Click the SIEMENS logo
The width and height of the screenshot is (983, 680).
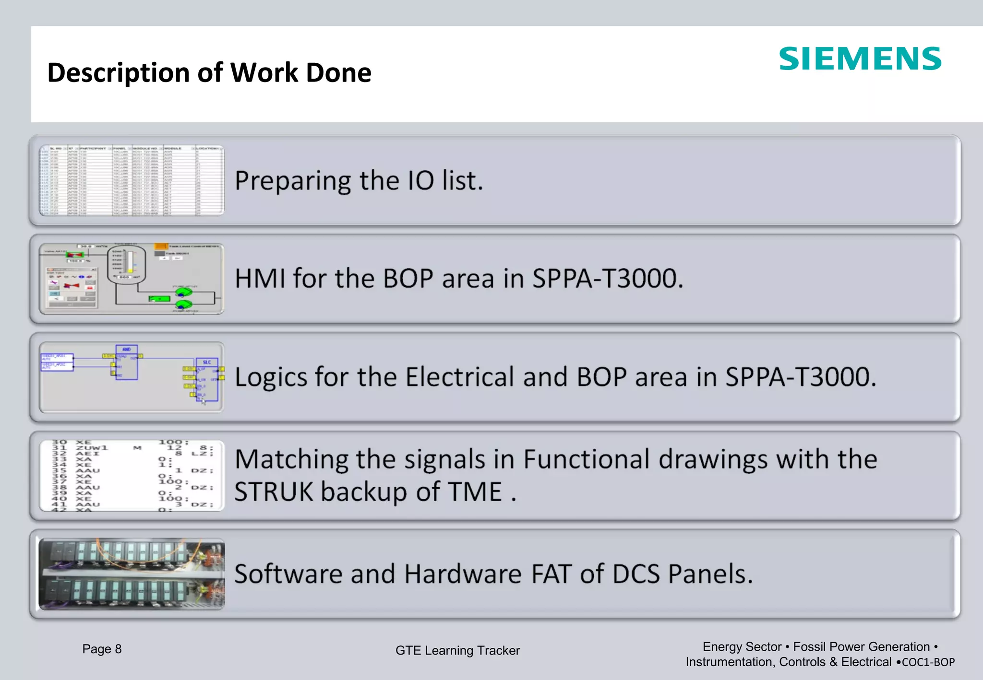(860, 59)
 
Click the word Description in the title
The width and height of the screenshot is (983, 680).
(118, 73)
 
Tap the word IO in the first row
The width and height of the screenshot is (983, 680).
(421, 181)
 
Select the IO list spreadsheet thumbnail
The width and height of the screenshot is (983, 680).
(132, 180)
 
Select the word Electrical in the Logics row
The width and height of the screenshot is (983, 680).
(460, 377)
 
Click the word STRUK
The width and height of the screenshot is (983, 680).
(273, 492)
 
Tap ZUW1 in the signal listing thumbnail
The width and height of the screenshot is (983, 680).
(92, 448)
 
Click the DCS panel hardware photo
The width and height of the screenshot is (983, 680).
(132, 574)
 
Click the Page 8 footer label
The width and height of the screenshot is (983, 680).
(102, 649)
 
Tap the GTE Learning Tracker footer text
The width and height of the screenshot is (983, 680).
(457, 651)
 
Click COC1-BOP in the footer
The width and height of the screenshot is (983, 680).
(928, 662)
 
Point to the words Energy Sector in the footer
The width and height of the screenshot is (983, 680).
(742, 647)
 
